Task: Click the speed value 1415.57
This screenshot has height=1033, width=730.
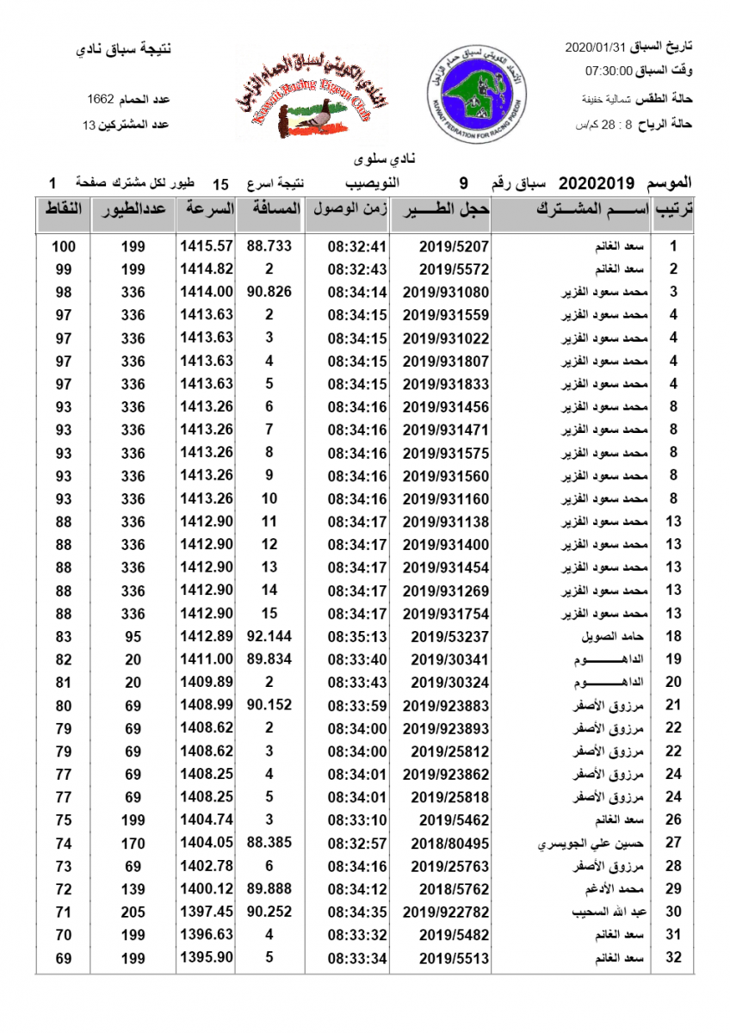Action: pyautogui.click(x=207, y=246)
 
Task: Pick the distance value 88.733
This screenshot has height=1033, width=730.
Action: pyautogui.click(x=269, y=246)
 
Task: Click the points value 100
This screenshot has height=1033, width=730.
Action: pyautogui.click(x=64, y=246)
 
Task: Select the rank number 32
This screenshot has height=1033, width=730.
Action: pyautogui.click(x=674, y=957)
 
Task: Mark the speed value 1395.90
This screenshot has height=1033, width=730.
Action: pyautogui.click(x=207, y=957)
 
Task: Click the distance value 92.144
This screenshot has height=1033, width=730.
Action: pyautogui.click(x=269, y=636)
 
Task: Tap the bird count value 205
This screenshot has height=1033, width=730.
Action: pyautogui.click(x=133, y=912)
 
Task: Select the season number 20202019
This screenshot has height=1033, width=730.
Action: pyautogui.click(x=597, y=183)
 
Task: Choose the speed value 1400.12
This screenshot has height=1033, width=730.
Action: pyautogui.click(x=207, y=888)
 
